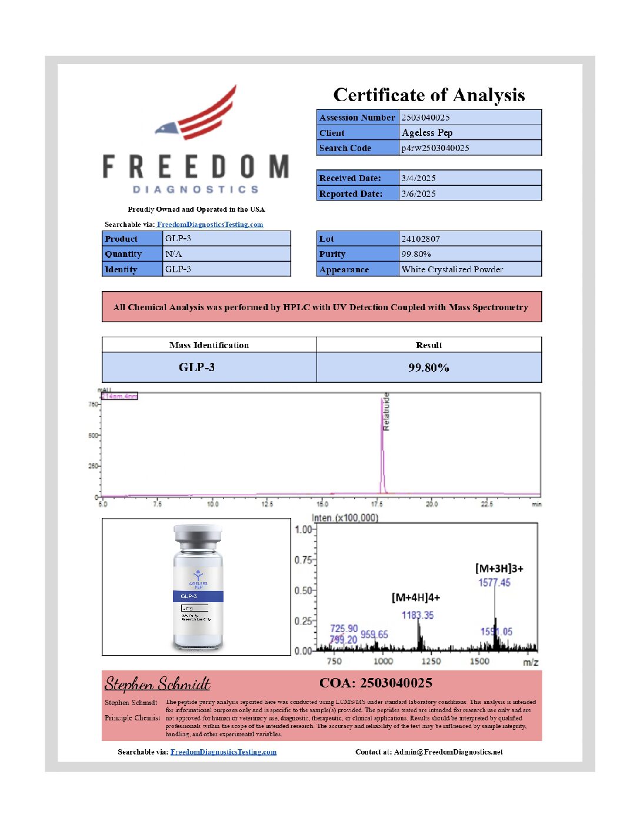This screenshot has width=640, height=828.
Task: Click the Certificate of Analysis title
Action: pos(429,95)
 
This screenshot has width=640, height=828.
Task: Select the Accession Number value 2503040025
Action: pos(425,118)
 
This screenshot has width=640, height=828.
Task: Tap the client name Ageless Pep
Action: pos(427,133)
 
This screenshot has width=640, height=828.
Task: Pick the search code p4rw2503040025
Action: pos(435,148)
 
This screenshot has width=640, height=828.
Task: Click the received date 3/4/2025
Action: pos(418,178)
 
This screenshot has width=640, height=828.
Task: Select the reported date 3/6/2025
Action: pos(418,193)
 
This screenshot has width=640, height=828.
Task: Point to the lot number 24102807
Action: pos(421,239)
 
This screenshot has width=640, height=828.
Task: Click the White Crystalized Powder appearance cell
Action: pos(452,269)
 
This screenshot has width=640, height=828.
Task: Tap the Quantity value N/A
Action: pos(174,254)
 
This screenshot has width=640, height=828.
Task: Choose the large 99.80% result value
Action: pos(428,368)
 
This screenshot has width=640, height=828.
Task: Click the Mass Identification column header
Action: pos(209,345)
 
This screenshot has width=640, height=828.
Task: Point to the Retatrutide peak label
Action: pos(386,412)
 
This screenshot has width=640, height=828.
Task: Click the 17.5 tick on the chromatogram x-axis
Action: pos(377,504)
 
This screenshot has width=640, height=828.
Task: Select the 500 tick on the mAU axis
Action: pos(93,436)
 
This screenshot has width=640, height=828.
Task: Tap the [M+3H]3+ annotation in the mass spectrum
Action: pos(499,569)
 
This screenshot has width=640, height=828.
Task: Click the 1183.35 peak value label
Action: pos(418,615)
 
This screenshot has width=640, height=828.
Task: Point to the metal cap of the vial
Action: pos(198,536)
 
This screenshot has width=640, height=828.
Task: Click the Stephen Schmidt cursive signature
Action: pos(157,684)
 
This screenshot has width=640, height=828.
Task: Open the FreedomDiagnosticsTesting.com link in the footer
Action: pos(224,752)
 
